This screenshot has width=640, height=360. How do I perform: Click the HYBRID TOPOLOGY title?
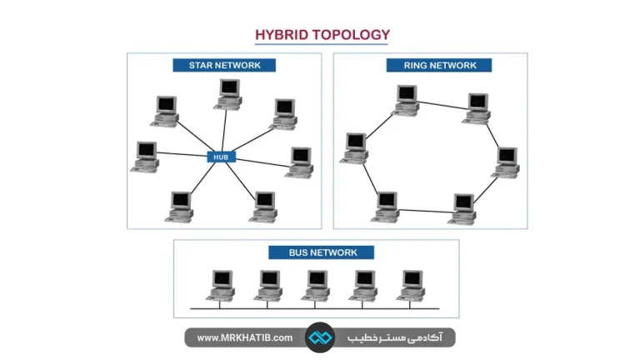(x=322, y=35)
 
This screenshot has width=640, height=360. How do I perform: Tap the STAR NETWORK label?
(x=224, y=65)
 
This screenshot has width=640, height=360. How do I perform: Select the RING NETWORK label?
(x=439, y=65)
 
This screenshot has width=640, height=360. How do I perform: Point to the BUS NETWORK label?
(x=321, y=252)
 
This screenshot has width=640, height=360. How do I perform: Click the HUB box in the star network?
(x=221, y=157)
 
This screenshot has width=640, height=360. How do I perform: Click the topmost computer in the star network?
(x=228, y=95)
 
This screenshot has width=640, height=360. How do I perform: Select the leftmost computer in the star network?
(x=145, y=157)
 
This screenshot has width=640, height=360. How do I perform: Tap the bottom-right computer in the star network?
(x=263, y=207)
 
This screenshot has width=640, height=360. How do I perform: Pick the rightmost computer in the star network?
(x=300, y=162)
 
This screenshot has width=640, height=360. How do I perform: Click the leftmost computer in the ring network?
(x=354, y=148)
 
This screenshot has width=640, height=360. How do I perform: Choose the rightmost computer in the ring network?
(x=506, y=162)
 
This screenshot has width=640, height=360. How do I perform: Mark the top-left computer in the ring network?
(x=405, y=100)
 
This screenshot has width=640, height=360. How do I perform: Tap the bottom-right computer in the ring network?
(x=462, y=209)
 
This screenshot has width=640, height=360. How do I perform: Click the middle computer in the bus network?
(x=316, y=286)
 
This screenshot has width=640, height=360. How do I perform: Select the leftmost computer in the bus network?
(x=221, y=286)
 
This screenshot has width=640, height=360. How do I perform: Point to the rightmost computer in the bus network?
(x=411, y=286)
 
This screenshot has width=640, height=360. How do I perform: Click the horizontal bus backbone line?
(x=315, y=308)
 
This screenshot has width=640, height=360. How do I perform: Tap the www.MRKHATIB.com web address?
(x=244, y=338)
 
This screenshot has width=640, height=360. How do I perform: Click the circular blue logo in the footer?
(x=320, y=337)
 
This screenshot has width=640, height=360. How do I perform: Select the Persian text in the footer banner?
(x=394, y=337)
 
